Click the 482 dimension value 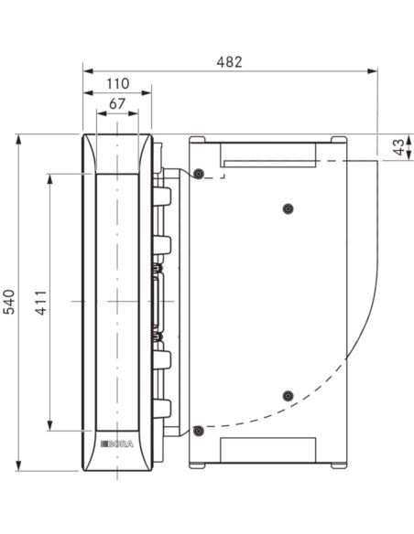(x=229, y=62)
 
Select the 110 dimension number (x=117, y=83)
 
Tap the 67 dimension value (x=117, y=103)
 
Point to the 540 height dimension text (x=9, y=302)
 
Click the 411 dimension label (x=41, y=303)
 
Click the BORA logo (x=117, y=443)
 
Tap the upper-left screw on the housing (x=199, y=174)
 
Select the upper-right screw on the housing (x=289, y=208)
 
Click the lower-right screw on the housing (x=289, y=396)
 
